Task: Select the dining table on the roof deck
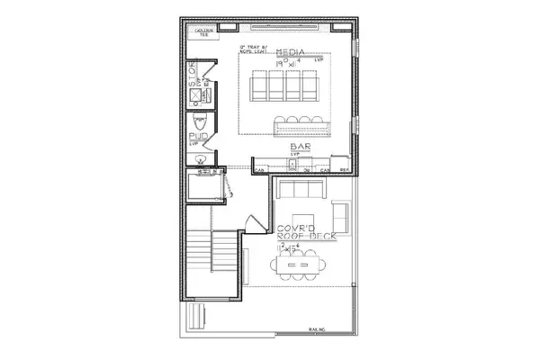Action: [x=297, y=264]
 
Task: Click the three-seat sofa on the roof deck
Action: [x=301, y=190]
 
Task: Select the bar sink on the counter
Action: [x=300, y=162]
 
